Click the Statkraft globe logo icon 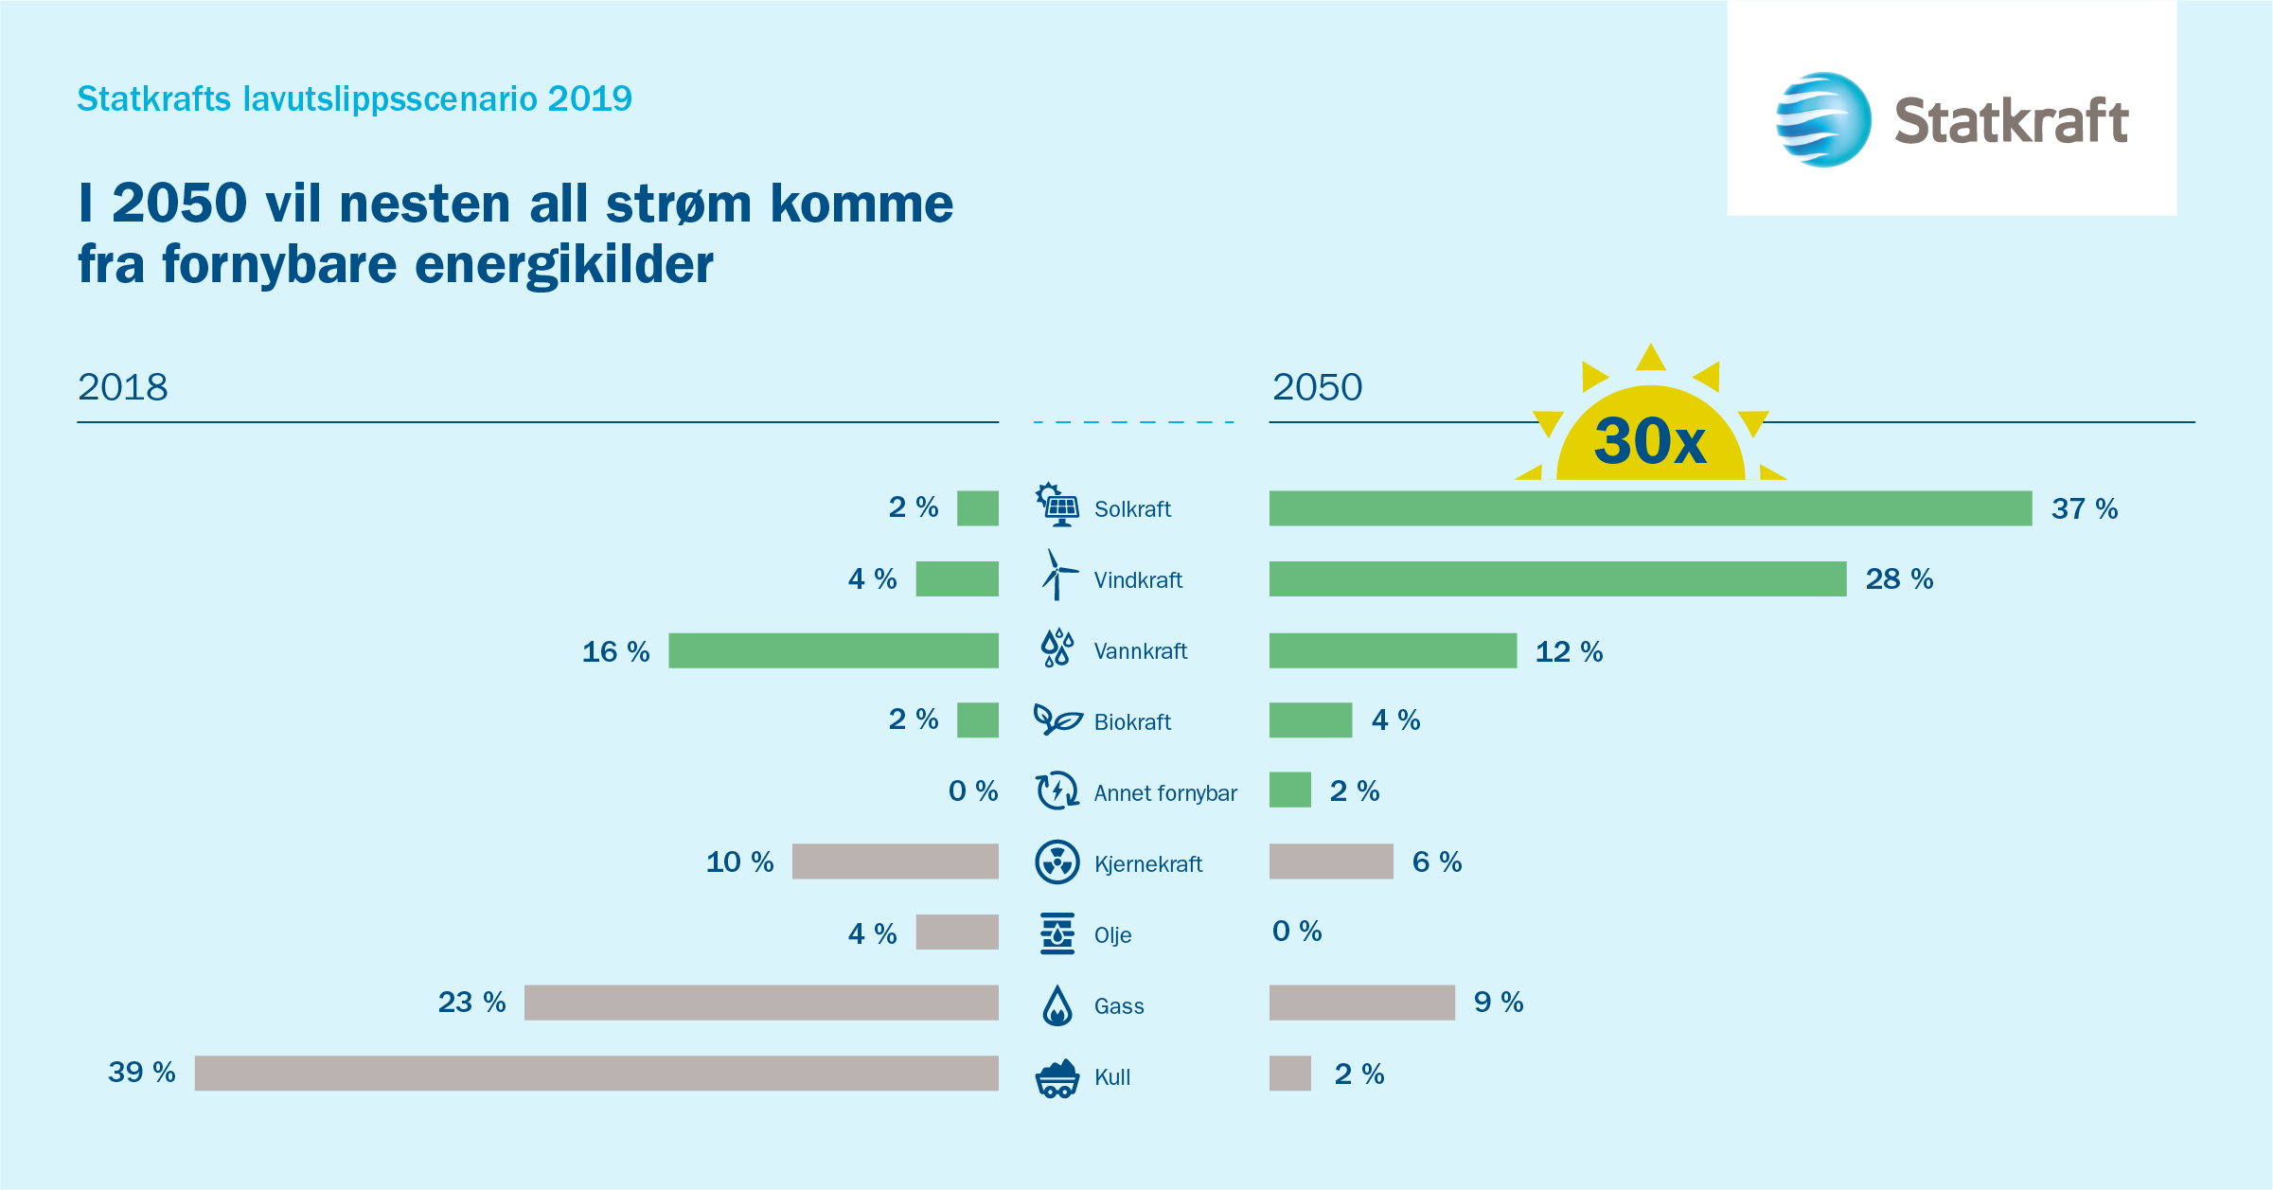pyautogui.click(x=1822, y=120)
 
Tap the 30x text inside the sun pyautogui.click(x=1650, y=441)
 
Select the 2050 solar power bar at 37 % pyautogui.click(x=1649, y=508)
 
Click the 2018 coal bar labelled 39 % pyautogui.click(x=596, y=1073)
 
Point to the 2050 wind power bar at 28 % pyautogui.click(x=1557, y=578)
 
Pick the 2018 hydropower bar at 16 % pyautogui.click(x=833, y=650)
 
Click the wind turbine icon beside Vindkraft pyautogui.click(x=1057, y=576)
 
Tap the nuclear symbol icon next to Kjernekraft pyautogui.click(x=1057, y=861)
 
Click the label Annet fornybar pyautogui.click(x=1165, y=793)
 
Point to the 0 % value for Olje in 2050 pyautogui.click(x=1297, y=932)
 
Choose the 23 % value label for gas pyautogui.click(x=471, y=1002)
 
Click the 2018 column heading pyautogui.click(x=123, y=387)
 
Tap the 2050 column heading pyautogui.click(x=1317, y=387)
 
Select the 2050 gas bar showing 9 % pyautogui.click(x=1361, y=1003)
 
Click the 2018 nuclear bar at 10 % pyautogui.click(x=895, y=861)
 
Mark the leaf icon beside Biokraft pyautogui.click(x=1057, y=719)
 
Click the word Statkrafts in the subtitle pyautogui.click(x=153, y=98)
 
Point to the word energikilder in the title pyautogui.click(x=564, y=265)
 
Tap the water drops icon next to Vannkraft pyautogui.click(x=1057, y=648)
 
